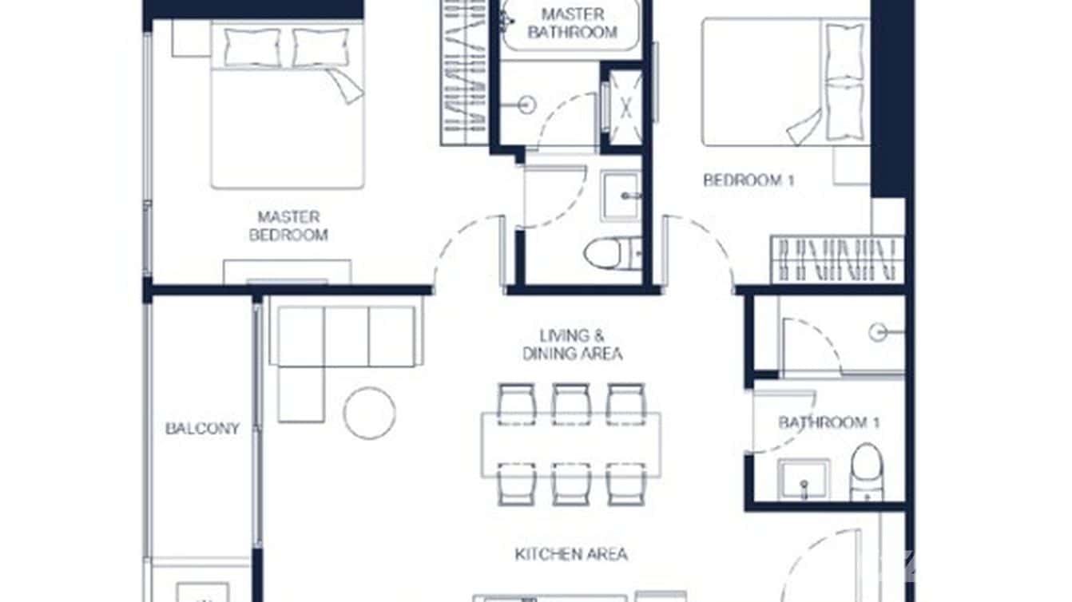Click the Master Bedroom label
(x=288, y=226)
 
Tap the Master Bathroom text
(x=572, y=23)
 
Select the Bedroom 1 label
(x=748, y=180)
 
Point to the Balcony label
(x=202, y=429)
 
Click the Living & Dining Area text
(x=572, y=344)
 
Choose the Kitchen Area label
(x=570, y=554)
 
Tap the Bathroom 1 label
(x=828, y=422)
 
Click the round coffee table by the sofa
(x=369, y=413)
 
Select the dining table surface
(x=570, y=445)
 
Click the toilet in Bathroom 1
(x=866, y=471)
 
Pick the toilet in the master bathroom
(x=606, y=252)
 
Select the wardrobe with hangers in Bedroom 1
(x=837, y=259)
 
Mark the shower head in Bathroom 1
(x=879, y=331)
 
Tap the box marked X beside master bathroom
(x=622, y=108)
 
